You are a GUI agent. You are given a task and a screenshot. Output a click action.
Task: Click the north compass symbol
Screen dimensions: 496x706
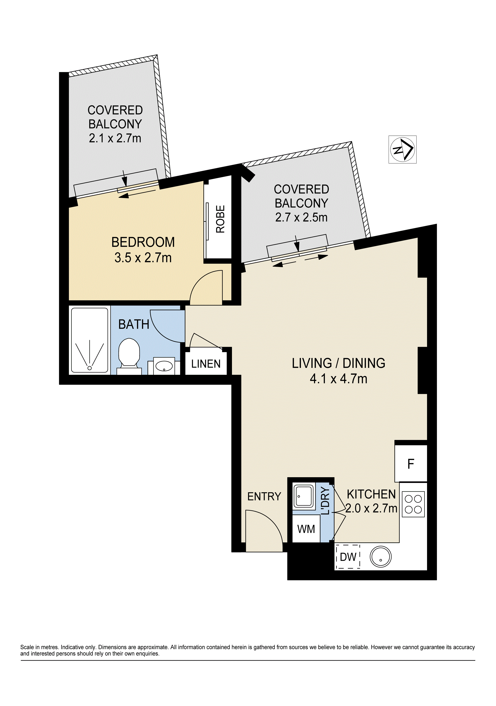tap(402, 149)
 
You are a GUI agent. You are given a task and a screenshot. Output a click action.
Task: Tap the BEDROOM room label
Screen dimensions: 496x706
tap(143, 242)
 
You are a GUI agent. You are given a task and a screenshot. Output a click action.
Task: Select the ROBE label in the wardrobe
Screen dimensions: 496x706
tap(220, 219)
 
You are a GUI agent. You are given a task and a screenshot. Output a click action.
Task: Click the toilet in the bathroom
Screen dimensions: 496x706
tap(129, 356)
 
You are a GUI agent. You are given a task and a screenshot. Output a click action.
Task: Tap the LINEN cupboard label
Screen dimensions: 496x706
tap(206, 364)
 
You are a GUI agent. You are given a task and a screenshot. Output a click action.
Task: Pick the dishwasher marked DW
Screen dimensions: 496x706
tap(348, 557)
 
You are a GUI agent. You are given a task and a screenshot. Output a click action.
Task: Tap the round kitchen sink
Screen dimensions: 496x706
tap(381, 557)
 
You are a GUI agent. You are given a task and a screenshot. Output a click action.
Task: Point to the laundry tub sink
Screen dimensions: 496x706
tap(304, 496)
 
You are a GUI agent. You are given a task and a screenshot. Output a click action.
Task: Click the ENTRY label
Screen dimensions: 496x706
tap(264, 497)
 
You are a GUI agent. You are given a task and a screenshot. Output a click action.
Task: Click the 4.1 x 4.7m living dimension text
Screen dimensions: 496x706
tap(338, 379)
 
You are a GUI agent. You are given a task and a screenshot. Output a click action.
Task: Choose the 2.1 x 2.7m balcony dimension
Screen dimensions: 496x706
tap(115, 138)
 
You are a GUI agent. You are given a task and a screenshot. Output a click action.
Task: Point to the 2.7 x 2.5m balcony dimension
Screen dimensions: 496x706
tap(301, 217)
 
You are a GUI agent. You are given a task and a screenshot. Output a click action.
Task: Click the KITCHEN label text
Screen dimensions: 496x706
tap(371, 494)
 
